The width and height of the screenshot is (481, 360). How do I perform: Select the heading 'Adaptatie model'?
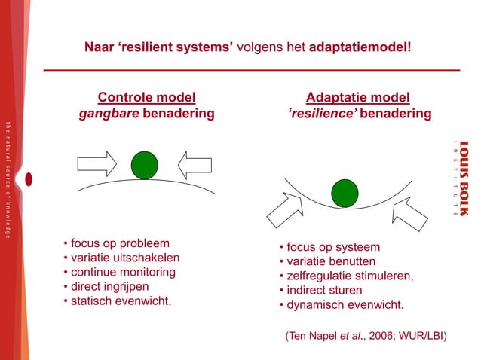358,97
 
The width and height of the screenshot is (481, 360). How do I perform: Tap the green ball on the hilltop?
144,165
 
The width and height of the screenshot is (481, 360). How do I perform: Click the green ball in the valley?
345,194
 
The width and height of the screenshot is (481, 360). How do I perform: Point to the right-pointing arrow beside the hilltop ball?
97,163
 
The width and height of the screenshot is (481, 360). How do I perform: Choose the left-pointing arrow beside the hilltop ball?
195,163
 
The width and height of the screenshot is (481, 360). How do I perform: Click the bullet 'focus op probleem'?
118,243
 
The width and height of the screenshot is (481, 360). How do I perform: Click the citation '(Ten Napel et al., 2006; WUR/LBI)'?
366,334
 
